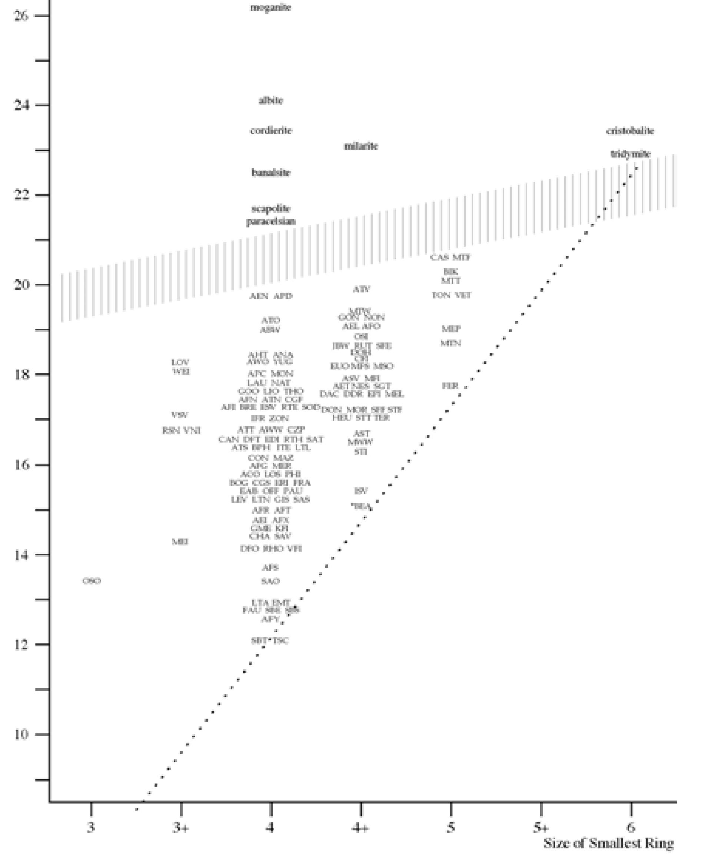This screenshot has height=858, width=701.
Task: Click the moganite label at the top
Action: click(270, 7)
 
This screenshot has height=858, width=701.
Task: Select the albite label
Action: click(270, 100)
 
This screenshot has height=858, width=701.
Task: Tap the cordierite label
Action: click(270, 130)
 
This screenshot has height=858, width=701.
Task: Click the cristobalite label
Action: click(630, 130)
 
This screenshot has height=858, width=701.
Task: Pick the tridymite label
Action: click(630, 154)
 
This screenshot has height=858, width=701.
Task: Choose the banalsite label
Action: click(270, 172)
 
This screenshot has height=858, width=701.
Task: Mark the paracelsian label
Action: click(270, 221)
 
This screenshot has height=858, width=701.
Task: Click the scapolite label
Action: click(270, 208)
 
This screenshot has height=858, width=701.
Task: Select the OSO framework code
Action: click(92, 581)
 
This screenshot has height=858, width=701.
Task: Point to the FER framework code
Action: click(450, 386)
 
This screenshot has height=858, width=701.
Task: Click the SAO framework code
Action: click(270, 581)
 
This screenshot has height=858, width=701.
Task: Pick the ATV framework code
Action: click(361, 289)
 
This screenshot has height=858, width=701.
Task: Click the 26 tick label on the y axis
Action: click(21, 16)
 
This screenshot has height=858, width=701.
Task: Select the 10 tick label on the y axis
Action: click(21, 734)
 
